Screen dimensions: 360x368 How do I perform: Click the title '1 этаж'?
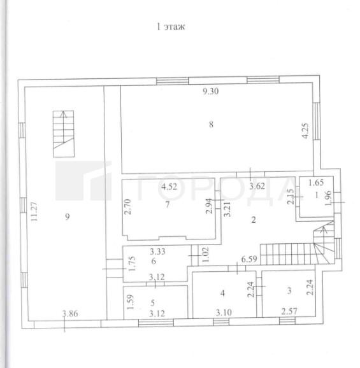[171, 27]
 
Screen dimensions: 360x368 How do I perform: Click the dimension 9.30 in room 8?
[211, 91]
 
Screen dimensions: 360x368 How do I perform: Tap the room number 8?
[211, 124]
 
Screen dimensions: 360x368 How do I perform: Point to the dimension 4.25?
[305, 131]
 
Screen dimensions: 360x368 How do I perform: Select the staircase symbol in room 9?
[64, 134]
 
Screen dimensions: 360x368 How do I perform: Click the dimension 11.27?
[34, 211]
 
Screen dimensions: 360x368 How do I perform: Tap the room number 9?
[68, 216]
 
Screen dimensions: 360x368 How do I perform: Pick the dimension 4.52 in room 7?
[169, 187]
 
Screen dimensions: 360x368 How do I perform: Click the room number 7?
[167, 204]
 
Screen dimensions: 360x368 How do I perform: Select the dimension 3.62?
[257, 187]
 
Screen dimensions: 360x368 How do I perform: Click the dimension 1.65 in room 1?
[316, 182]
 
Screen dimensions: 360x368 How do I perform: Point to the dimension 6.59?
[249, 259]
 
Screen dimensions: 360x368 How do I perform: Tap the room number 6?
[154, 261]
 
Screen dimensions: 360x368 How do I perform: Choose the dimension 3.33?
[157, 251]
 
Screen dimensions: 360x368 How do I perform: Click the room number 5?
[153, 303]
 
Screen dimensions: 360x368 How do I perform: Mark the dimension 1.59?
[131, 302]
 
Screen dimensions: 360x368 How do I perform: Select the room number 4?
[222, 293]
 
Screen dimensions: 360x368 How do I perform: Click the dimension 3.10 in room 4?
[224, 313]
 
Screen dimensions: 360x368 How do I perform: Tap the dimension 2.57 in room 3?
[289, 311]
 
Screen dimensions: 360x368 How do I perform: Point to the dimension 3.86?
[70, 313]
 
